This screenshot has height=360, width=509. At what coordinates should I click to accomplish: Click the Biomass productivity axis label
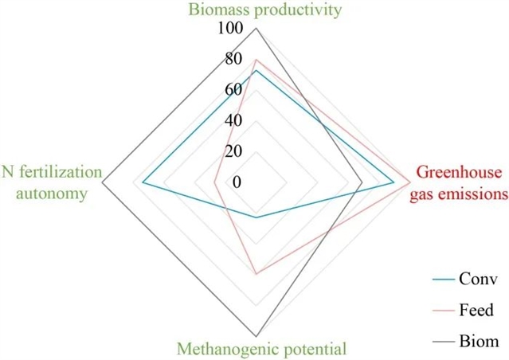254,10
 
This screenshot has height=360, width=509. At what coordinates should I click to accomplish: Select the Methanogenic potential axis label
261,349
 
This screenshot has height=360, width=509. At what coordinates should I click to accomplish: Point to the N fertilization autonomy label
52,182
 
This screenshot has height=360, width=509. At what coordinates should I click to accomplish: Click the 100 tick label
229,29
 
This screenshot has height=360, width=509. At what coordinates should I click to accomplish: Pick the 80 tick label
233,60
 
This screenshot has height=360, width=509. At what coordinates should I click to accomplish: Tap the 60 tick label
233,90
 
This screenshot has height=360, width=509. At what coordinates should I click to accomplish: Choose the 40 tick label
233,121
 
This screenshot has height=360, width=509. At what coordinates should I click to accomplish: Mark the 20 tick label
233,151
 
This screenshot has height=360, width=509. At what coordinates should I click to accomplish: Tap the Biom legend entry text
480,341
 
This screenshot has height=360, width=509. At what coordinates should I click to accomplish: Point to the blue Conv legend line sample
443,280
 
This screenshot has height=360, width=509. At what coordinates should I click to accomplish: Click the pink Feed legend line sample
443,311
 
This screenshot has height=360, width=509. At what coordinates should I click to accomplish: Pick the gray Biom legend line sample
443,342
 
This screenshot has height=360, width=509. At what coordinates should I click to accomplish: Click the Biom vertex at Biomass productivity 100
256,29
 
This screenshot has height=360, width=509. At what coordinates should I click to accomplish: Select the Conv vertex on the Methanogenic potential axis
256,217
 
